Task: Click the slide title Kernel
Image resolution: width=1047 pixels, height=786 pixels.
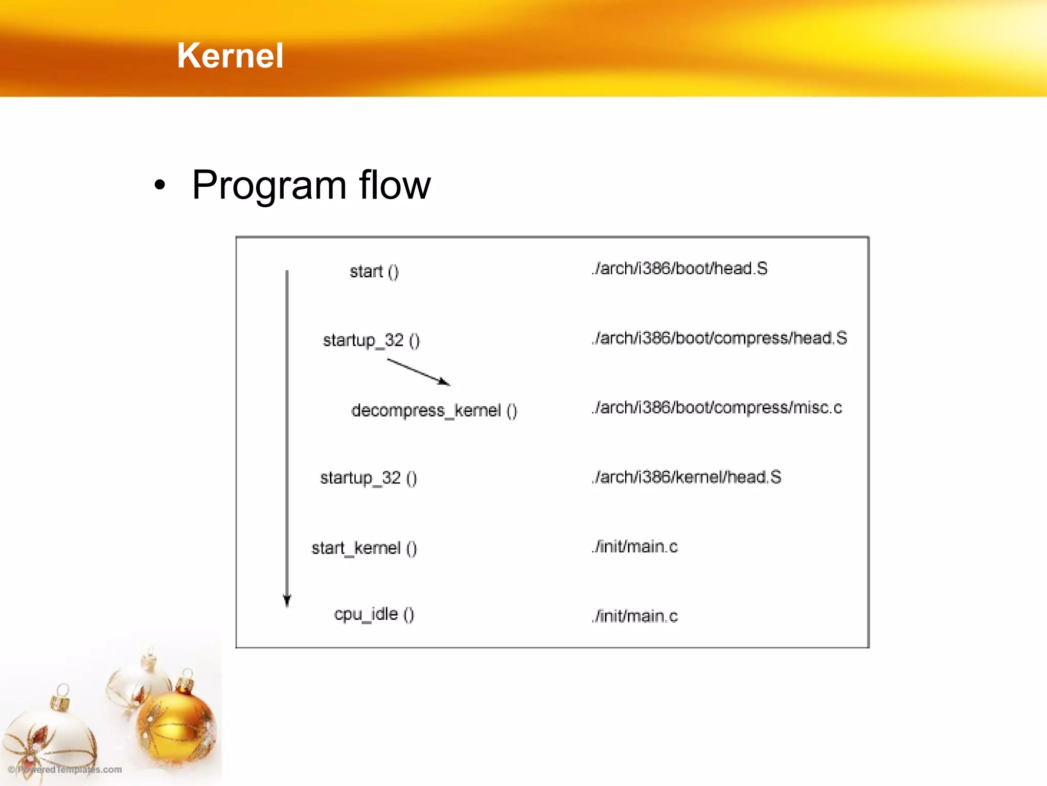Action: coord(230,55)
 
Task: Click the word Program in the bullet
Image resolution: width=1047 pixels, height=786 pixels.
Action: coord(269,185)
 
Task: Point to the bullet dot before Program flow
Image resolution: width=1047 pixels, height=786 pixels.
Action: coord(160,185)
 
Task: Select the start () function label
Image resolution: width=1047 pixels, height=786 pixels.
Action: coord(374,271)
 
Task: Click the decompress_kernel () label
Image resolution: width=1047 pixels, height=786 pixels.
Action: coord(434,410)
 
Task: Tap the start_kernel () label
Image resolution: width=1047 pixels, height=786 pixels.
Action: coord(364,548)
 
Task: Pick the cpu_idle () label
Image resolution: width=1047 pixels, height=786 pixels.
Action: coord(374,614)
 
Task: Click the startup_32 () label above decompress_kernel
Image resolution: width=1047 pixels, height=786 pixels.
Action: coord(371,340)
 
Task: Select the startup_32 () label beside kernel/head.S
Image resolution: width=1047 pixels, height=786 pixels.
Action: coord(368,478)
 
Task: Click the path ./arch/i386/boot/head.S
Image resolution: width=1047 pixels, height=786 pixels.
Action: coord(679,269)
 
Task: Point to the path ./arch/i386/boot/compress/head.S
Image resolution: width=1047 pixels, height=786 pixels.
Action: coord(719,338)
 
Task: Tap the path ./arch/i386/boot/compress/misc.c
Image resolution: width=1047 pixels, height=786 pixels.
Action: coord(717,408)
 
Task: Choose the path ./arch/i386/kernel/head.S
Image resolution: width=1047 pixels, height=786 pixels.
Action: coord(687,477)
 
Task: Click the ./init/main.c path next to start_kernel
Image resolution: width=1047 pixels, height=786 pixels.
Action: coord(635,547)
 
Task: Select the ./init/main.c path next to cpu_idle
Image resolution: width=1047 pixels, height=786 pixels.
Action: coord(635,616)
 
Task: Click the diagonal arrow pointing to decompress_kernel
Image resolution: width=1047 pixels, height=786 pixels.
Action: coord(418,372)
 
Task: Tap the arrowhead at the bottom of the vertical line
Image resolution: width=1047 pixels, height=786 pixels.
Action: coord(287,600)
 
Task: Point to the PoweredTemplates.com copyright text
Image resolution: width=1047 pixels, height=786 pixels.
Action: coord(65,770)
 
